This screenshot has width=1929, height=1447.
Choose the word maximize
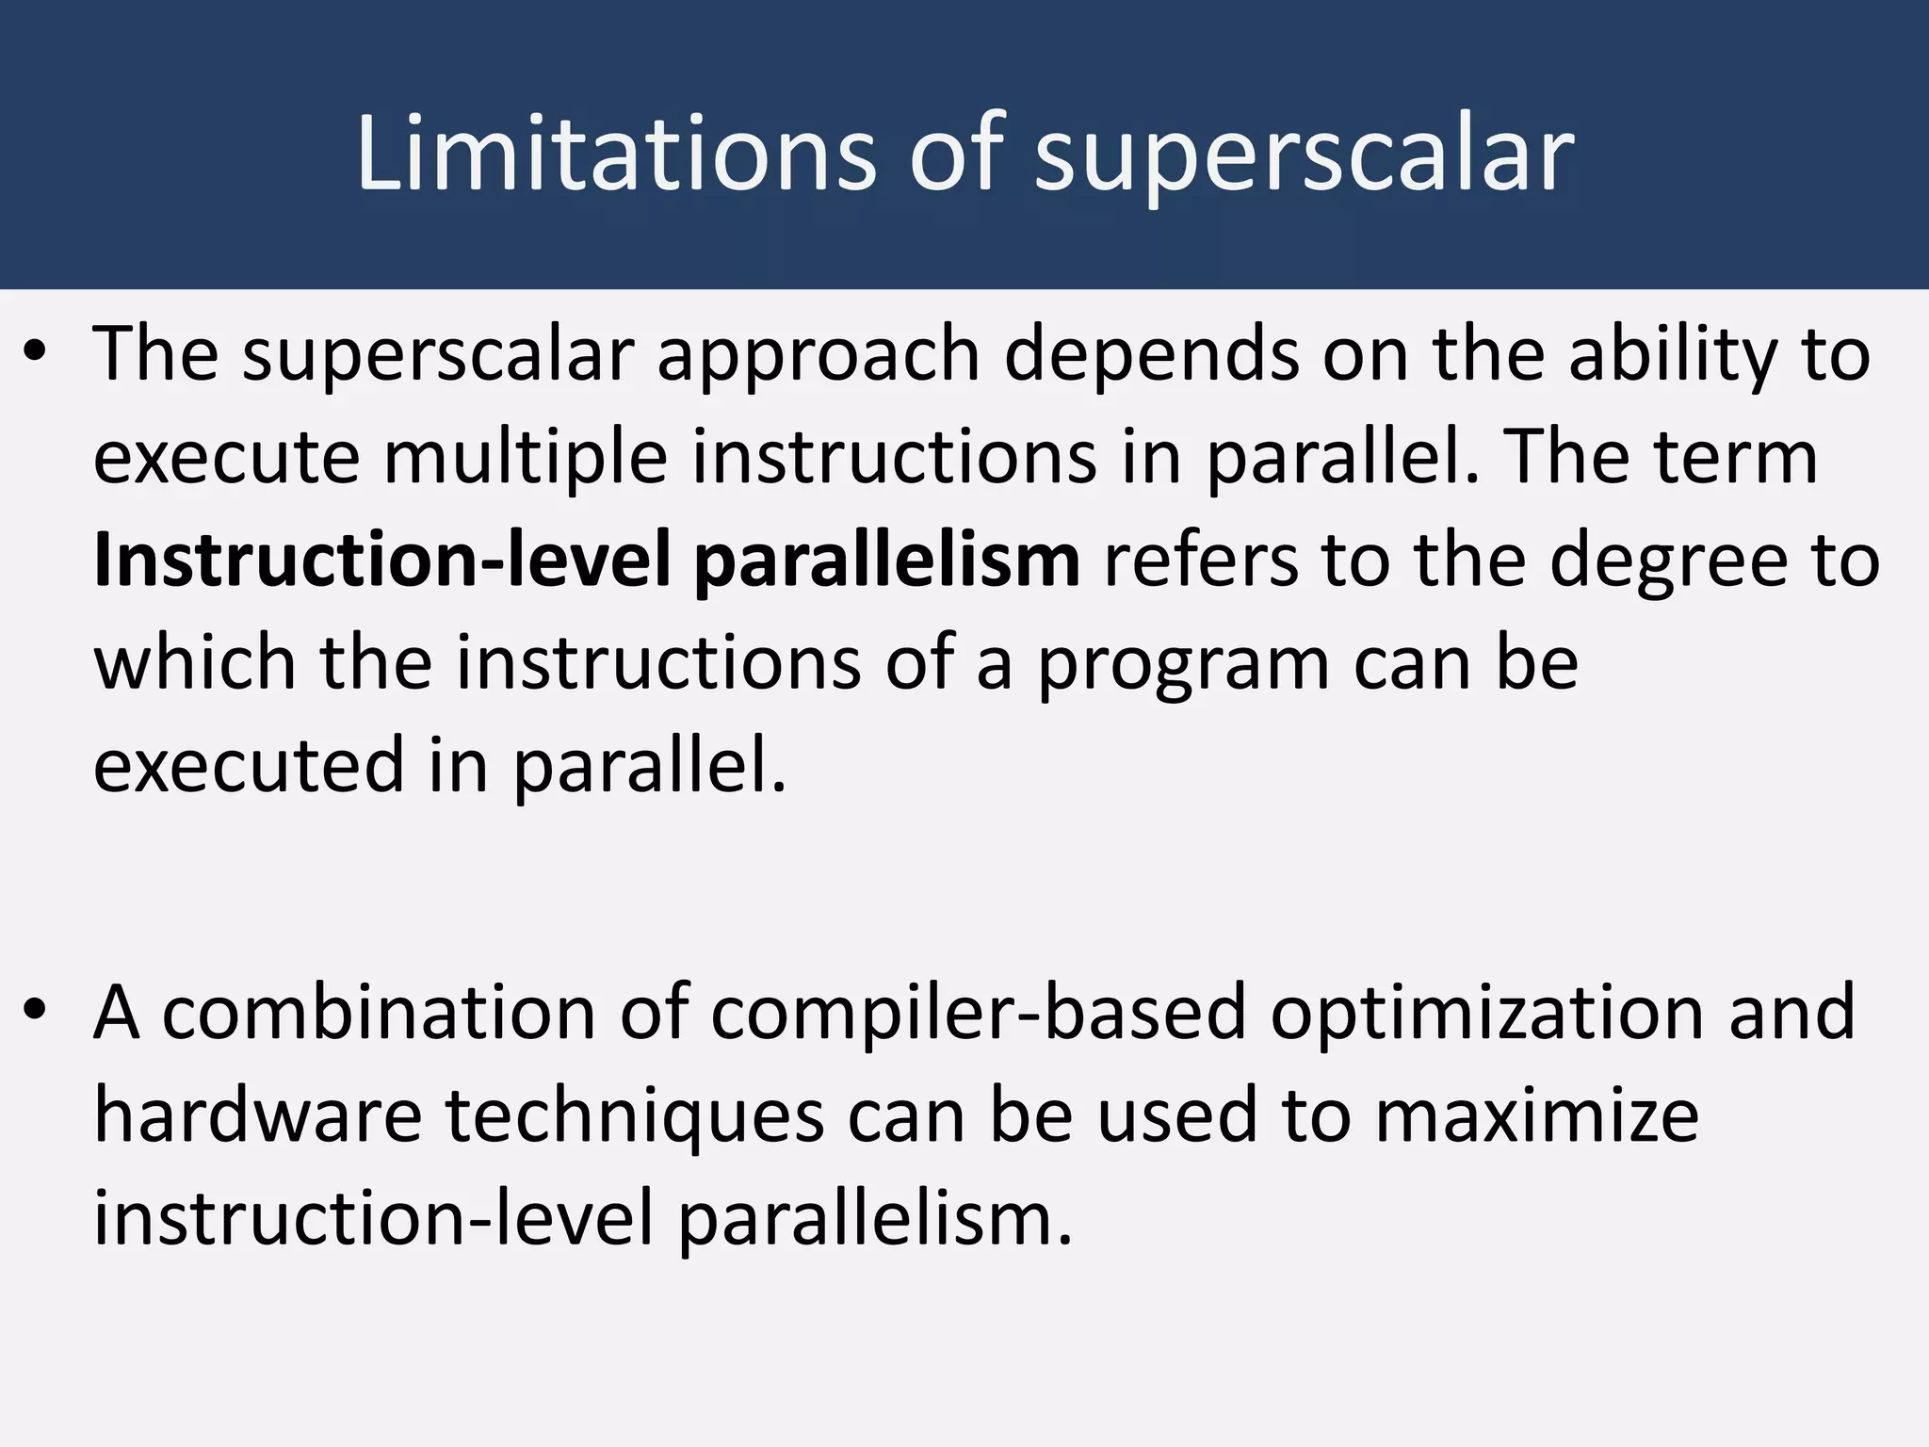[x=1536, y=1116]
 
